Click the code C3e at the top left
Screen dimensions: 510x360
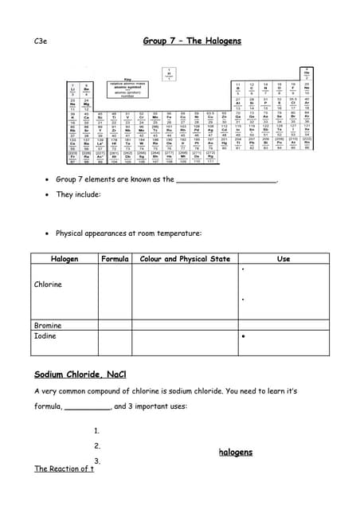[41, 40]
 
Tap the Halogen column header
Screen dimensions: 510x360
[65, 259]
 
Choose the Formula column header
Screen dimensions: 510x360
[115, 259]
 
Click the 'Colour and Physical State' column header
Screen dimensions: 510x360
[185, 259]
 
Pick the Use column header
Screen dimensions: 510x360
[283, 259]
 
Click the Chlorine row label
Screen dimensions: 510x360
[48, 284]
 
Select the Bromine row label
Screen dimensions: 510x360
[48, 325]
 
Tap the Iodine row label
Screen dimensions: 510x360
[45, 336]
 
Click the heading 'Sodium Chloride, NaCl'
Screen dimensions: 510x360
[80, 375]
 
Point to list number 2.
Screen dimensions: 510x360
[97, 445]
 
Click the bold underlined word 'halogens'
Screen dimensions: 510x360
[235, 452]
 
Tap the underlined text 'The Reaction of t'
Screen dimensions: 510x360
[64, 469]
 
